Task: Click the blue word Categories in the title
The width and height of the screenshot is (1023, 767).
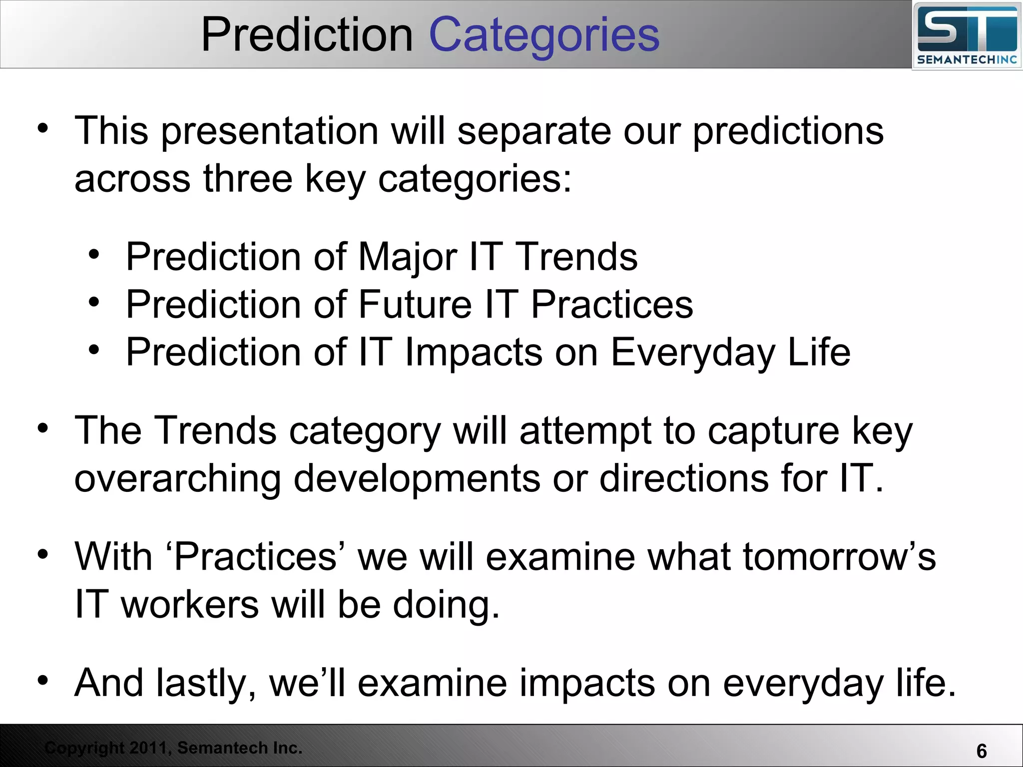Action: (x=544, y=35)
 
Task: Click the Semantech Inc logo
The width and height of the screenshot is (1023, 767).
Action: (x=967, y=36)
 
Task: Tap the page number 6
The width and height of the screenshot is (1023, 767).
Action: (x=981, y=751)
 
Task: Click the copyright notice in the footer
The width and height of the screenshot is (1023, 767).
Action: (x=173, y=748)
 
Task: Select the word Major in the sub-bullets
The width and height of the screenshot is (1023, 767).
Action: (x=407, y=257)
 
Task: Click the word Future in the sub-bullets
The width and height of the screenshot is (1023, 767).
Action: (x=415, y=305)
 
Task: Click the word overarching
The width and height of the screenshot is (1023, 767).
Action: (x=177, y=478)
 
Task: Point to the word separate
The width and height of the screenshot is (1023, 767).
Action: (x=534, y=131)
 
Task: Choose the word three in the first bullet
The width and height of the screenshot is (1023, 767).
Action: (x=247, y=179)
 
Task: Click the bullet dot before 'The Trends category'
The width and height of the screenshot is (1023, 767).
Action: (x=43, y=428)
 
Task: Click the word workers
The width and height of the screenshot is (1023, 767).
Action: (x=190, y=605)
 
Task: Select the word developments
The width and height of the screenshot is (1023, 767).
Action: (x=417, y=478)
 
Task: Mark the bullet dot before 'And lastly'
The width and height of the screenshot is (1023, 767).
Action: (x=43, y=681)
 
